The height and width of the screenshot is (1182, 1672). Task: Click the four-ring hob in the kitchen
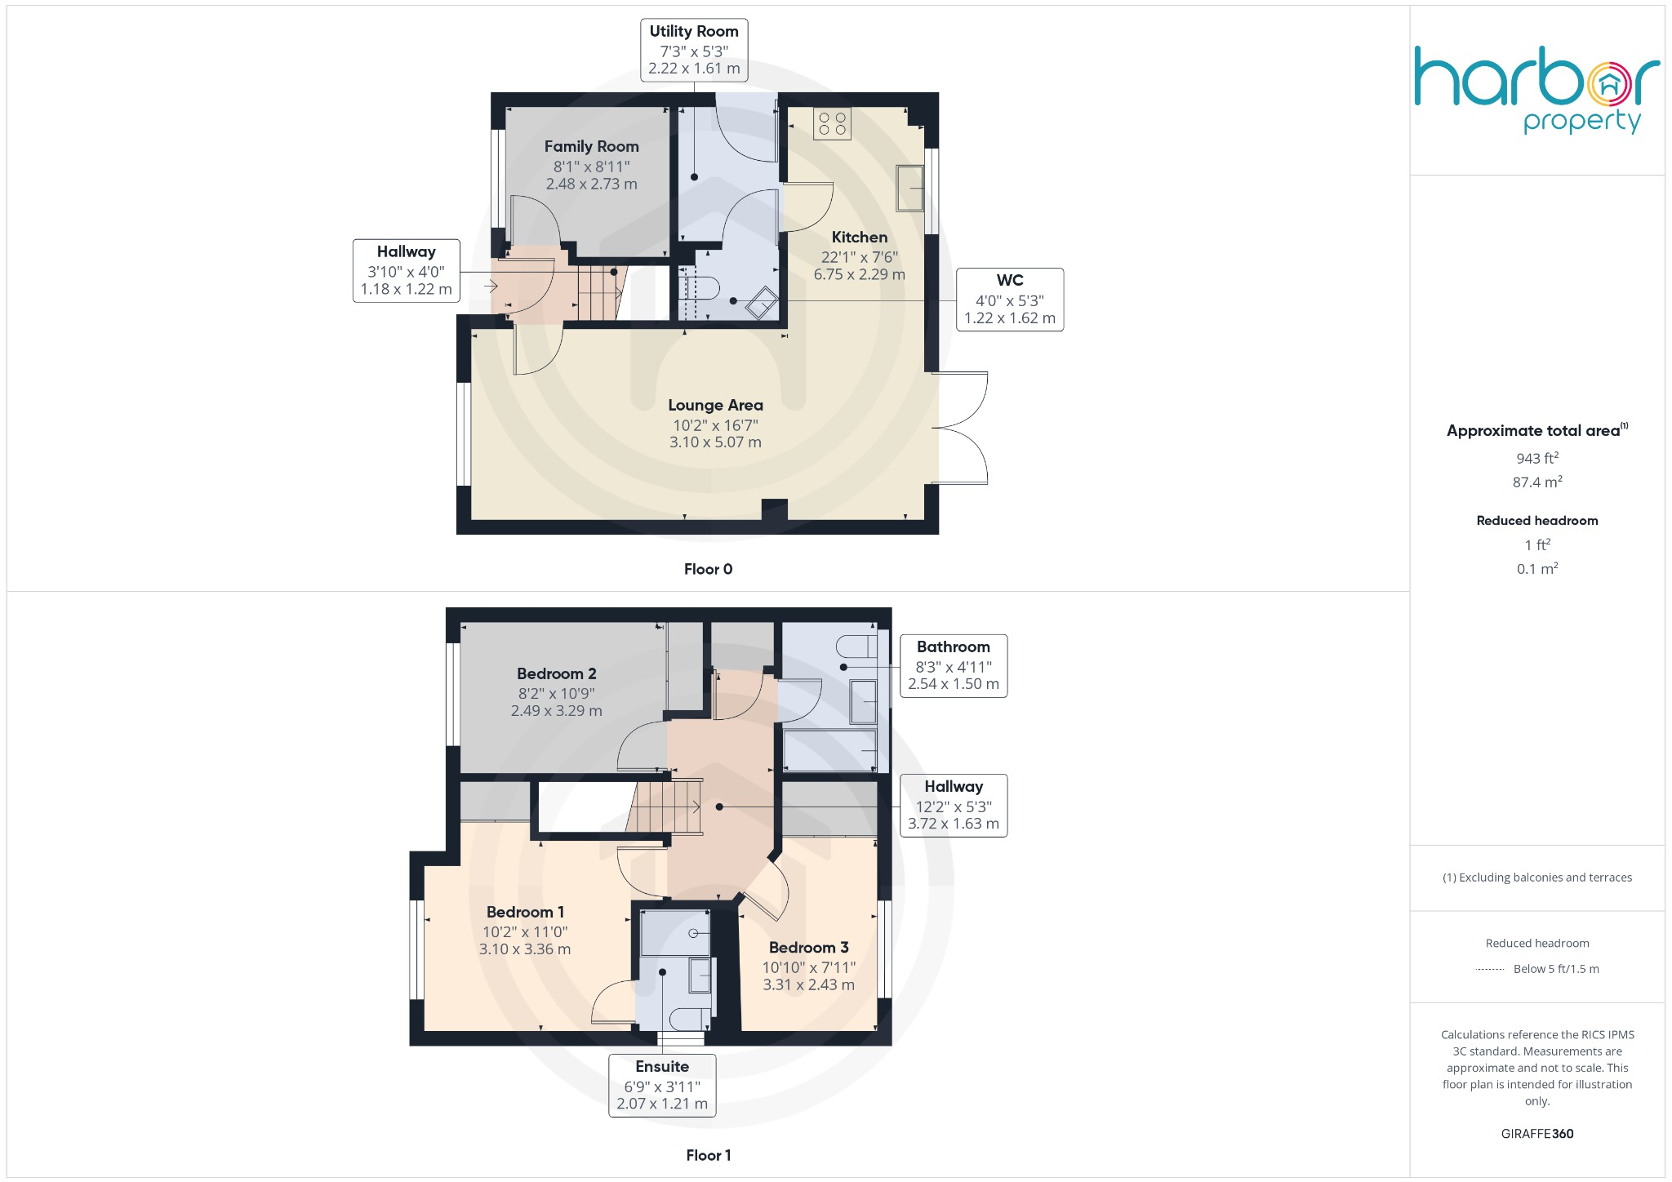point(832,124)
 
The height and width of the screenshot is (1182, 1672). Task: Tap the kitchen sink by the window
point(909,188)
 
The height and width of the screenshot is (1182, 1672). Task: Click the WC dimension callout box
point(1009,300)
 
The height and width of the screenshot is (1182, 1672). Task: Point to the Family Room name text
point(591,147)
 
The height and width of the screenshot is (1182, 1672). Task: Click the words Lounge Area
point(715,406)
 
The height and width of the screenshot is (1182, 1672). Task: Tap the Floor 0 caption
point(708,570)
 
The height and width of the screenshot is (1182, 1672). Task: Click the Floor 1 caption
point(708,1155)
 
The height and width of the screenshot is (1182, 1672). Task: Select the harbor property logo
point(1536,90)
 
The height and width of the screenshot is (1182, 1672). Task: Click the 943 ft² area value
point(1536,459)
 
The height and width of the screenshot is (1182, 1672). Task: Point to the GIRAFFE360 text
point(1536,1134)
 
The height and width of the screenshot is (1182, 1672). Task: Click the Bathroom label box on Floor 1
point(953,666)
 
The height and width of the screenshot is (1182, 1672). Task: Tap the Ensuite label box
point(662,1085)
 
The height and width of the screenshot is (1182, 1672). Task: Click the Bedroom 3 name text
point(808,948)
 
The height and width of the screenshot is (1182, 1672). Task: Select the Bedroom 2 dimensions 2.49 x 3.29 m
point(556,711)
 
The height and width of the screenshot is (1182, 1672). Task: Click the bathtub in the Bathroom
point(829,750)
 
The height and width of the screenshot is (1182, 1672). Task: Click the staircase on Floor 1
point(665,807)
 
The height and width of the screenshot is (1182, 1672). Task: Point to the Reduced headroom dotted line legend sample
point(1490,970)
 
